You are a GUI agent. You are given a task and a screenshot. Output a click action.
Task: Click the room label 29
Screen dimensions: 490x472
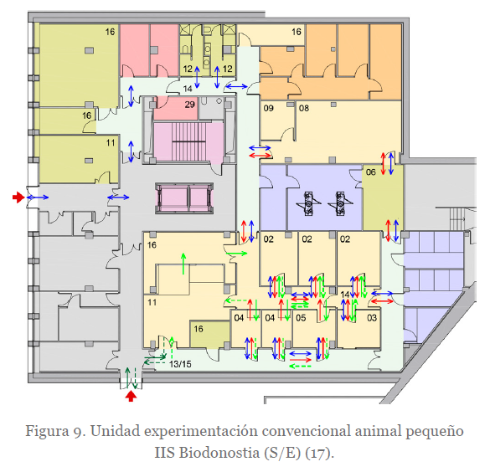click(189, 105)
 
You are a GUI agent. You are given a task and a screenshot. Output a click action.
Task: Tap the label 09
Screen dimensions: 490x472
click(268, 108)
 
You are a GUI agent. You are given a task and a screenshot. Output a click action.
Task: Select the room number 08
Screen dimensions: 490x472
click(304, 108)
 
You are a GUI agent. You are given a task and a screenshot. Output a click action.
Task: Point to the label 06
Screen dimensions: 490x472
click(370, 172)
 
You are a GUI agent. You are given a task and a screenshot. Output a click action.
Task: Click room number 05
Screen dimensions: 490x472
click(301, 318)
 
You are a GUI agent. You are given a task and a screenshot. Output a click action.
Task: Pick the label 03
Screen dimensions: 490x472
click(372, 318)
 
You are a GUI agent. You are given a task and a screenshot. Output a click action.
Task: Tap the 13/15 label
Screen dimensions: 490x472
click(180, 364)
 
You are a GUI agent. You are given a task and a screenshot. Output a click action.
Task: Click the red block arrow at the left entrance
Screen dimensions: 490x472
click(18, 198)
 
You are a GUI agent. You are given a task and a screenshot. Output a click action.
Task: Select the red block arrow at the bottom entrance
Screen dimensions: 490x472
click(131, 397)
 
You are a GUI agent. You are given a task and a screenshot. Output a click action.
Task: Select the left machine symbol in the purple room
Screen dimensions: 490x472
click(308, 203)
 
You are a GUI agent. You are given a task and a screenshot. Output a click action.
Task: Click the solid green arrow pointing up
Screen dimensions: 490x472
click(183, 264)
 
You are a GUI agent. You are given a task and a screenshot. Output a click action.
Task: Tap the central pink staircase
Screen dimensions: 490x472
click(188, 141)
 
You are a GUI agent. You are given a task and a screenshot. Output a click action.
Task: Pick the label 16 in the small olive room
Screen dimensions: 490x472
click(199, 329)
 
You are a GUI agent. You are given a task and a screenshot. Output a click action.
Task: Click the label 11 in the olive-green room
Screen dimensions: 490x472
click(111, 143)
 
